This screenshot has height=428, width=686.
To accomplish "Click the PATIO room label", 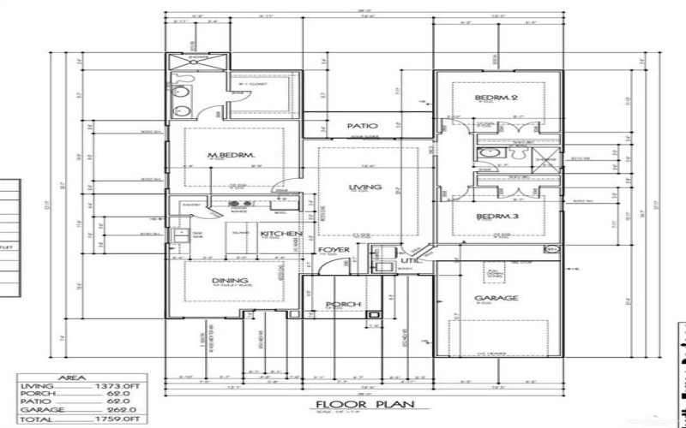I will pyautogui.click(x=362, y=126).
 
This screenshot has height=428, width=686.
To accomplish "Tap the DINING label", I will pyautogui.click(x=230, y=281).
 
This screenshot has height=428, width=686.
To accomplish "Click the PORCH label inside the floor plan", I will pyautogui.click(x=343, y=305).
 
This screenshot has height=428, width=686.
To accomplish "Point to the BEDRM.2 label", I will pyautogui.click(x=496, y=98).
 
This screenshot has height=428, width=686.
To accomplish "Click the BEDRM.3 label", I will pyautogui.click(x=497, y=217).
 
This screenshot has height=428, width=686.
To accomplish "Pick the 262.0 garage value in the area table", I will pyautogui.click(x=122, y=411).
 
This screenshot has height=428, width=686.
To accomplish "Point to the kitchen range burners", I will pyautogui.click(x=238, y=204).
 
